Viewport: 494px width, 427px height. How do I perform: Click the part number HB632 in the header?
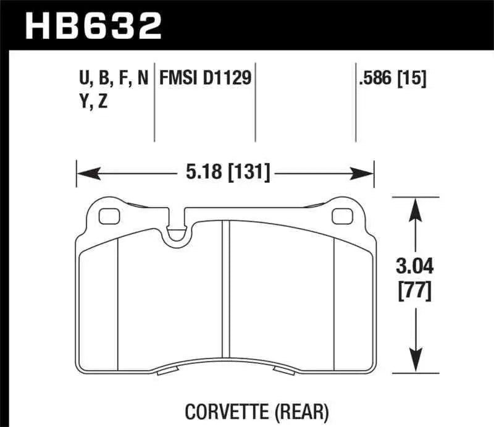point(93,26)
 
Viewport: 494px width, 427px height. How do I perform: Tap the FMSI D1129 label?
point(206,79)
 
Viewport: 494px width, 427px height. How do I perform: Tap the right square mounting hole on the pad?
point(341,216)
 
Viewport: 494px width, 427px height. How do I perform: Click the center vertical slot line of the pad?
point(228,290)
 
